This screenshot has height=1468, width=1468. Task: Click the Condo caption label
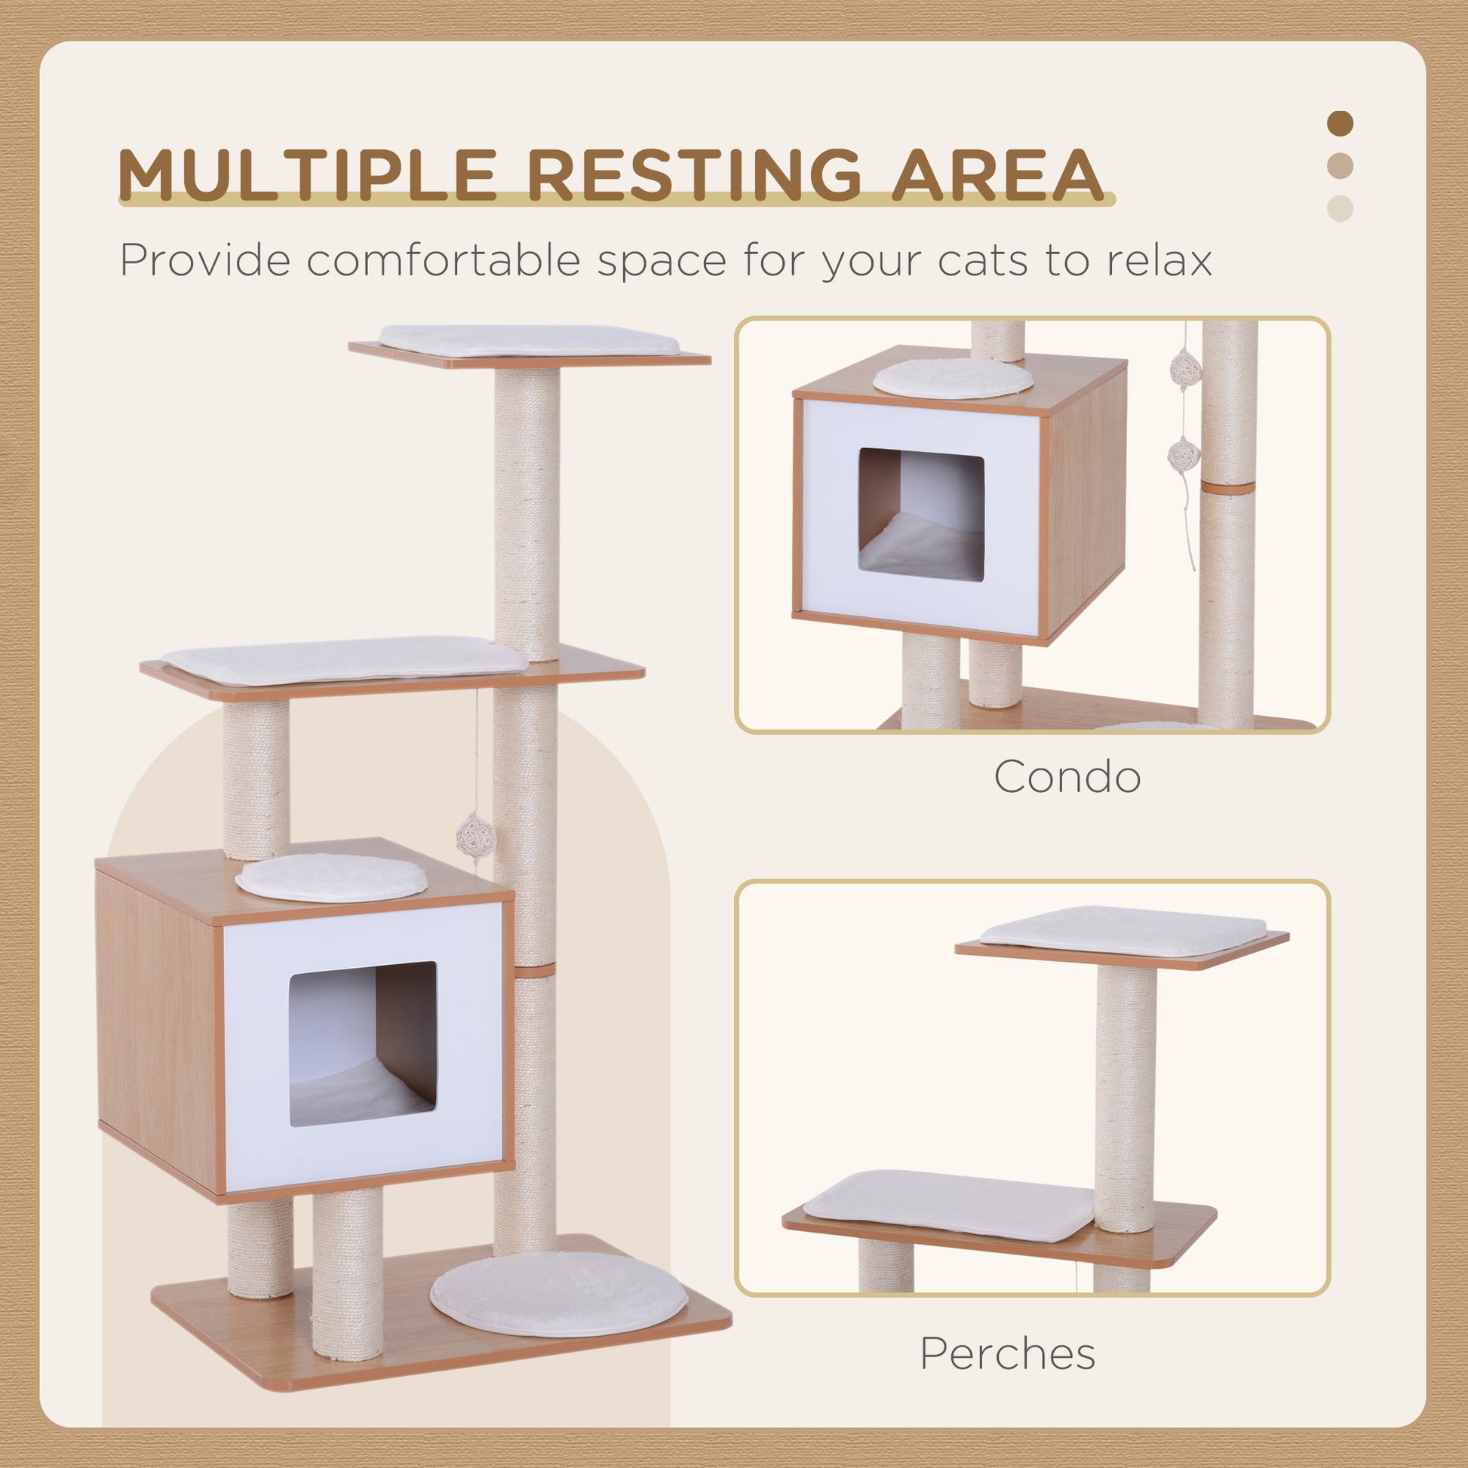(1067, 776)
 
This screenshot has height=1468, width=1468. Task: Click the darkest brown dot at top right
(1341, 123)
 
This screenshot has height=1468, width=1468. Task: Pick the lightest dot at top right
(1341, 208)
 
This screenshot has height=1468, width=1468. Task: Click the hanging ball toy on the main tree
(476, 837)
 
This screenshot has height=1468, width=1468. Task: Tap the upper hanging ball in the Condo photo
(1183, 370)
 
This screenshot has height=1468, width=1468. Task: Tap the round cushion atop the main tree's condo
(332, 877)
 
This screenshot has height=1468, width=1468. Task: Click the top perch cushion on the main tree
(530, 340)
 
